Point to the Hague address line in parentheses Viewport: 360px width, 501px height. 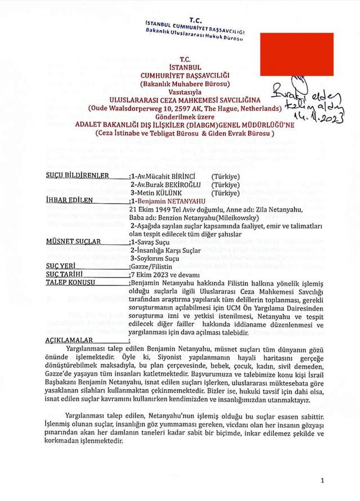click(x=185, y=108)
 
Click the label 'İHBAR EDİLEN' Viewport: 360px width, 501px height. click(x=69, y=200)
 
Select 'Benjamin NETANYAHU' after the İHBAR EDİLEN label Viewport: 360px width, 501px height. click(x=171, y=200)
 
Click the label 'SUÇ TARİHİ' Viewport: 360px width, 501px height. click(x=64, y=274)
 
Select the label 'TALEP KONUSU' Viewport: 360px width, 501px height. click(x=70, y=283)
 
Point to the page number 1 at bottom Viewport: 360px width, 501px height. click(x=322, y=481)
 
